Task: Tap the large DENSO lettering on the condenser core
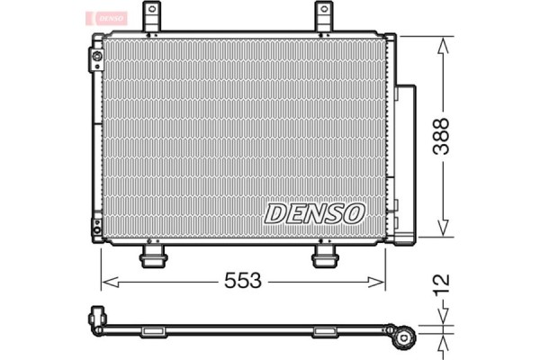[x=314, y=213]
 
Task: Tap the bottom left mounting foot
[x=153, y=257]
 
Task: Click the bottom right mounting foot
[x=325, y=257]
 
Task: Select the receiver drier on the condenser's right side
[x=406, y=162]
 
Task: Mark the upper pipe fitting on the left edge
[x=96, y=60]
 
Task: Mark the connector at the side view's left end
[x=95, y=318]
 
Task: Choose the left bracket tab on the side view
[x=153, y=332]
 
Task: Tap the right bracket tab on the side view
[x=325, y=332]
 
